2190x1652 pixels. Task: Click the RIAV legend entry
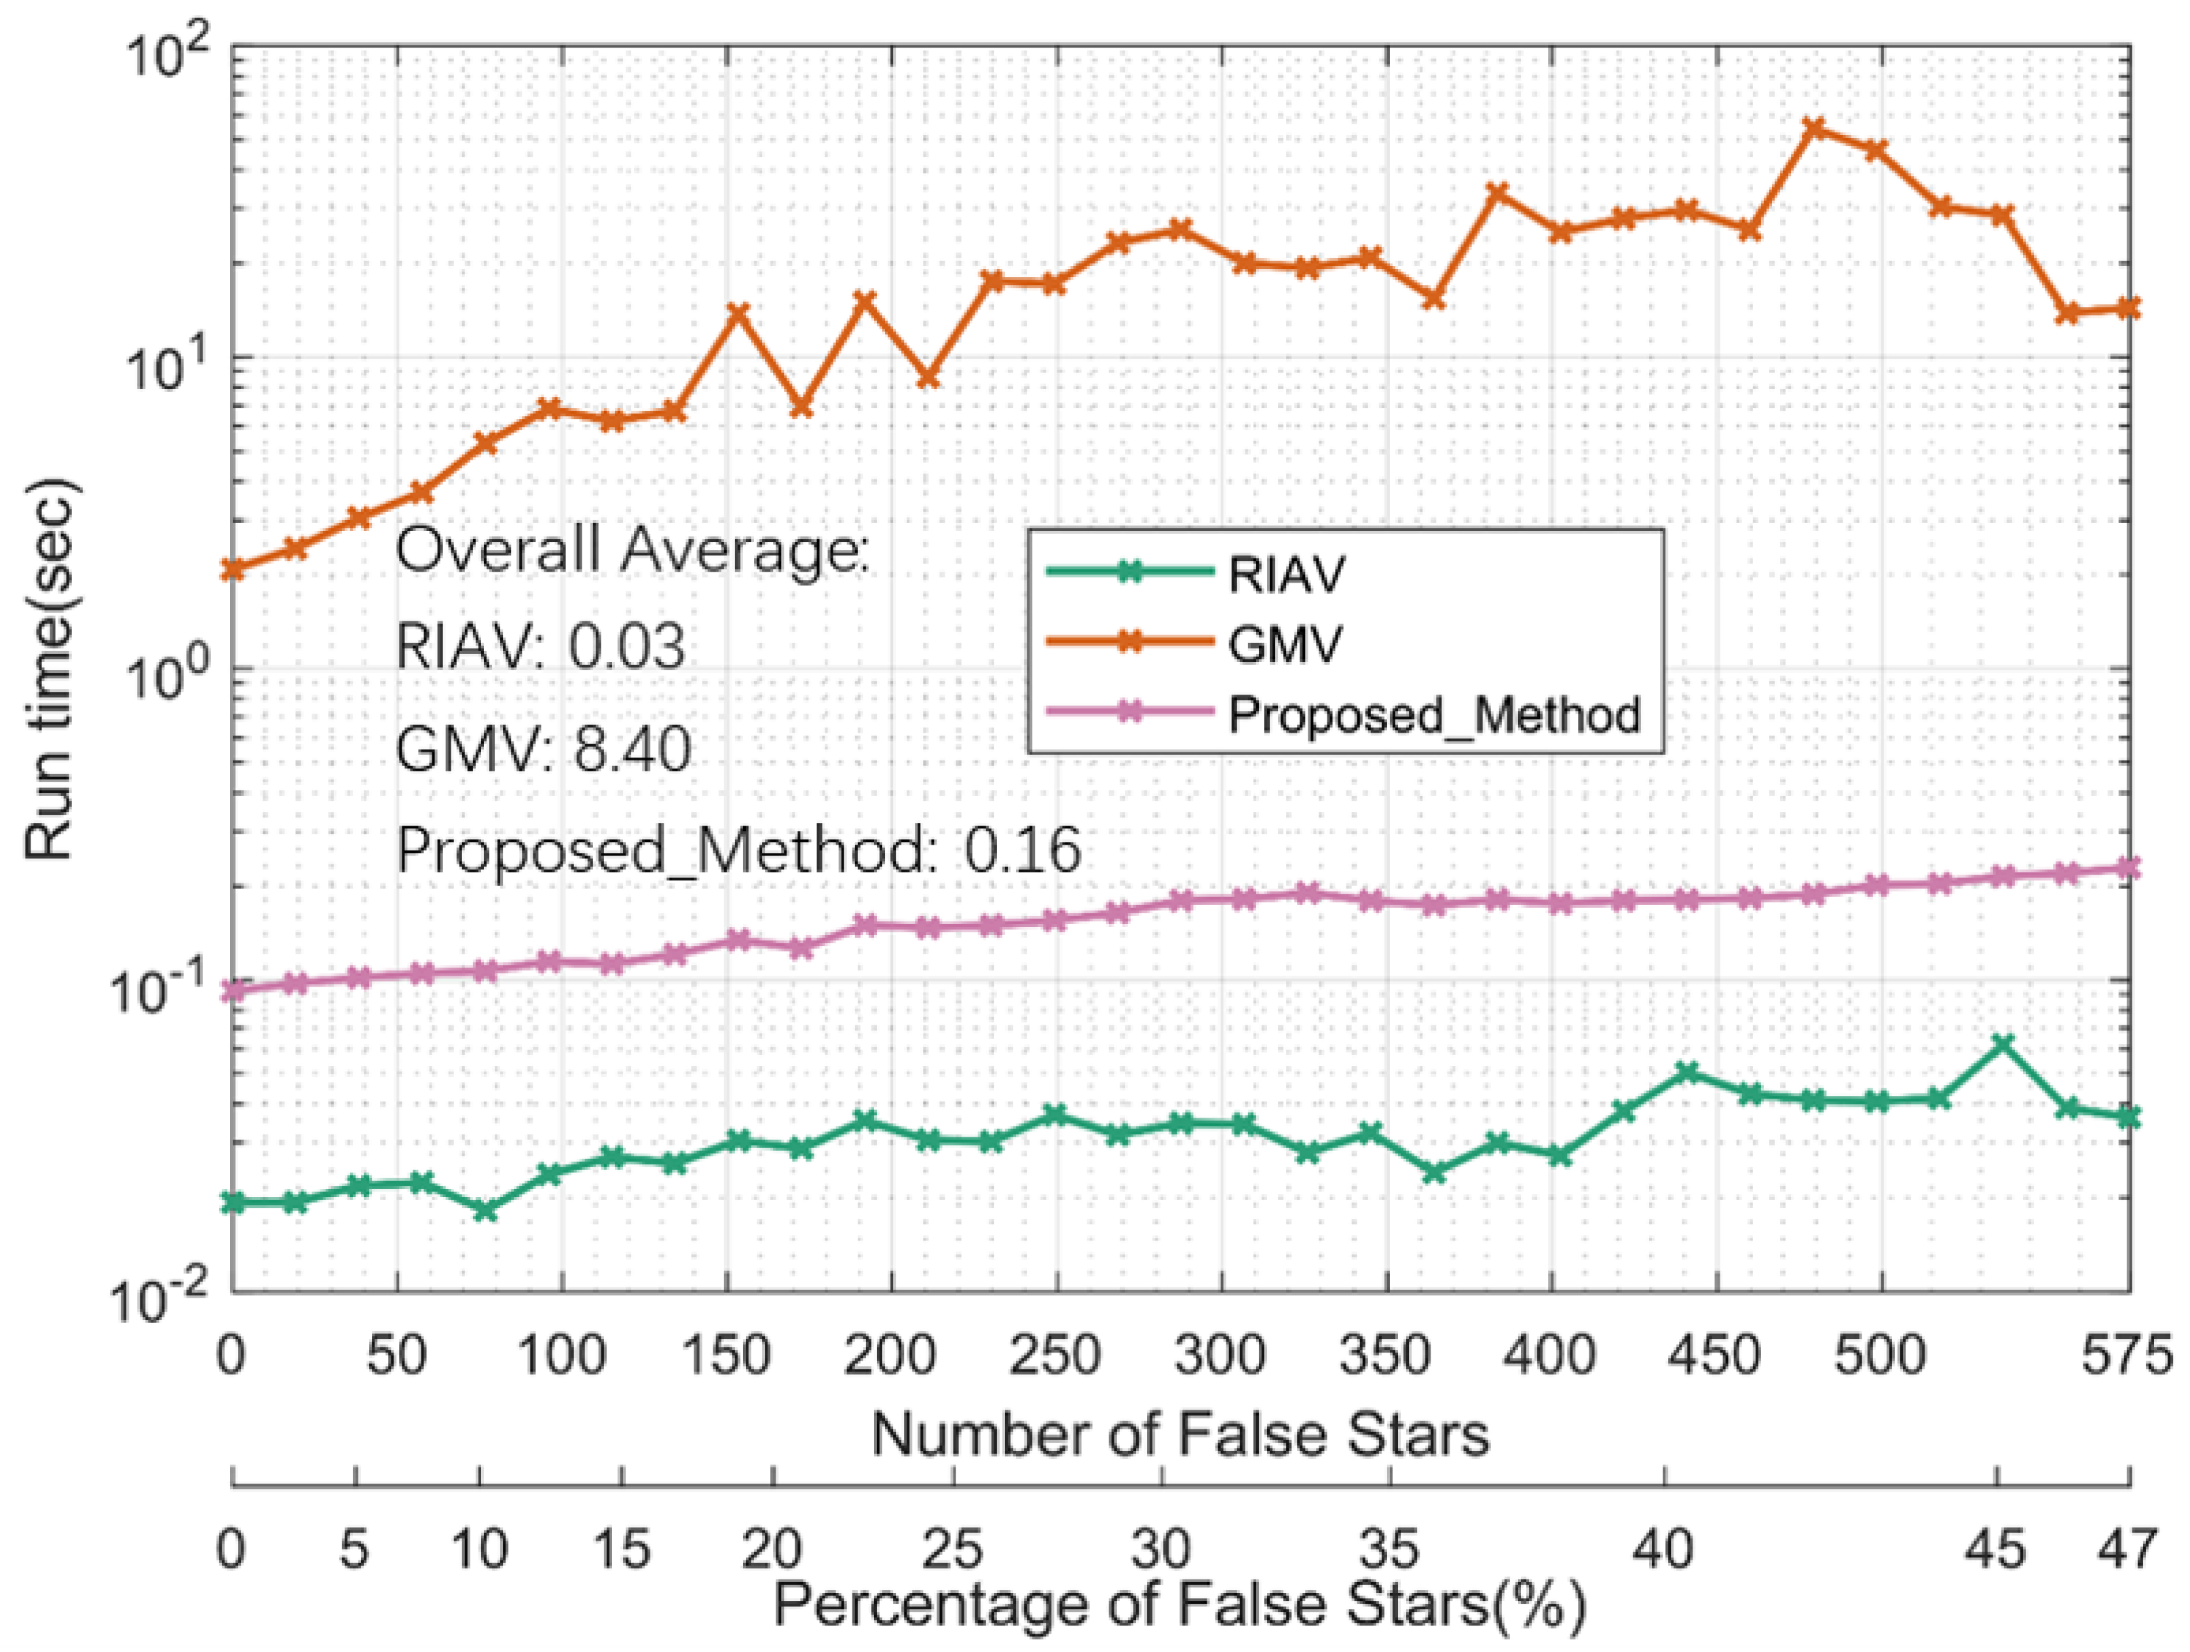pyautogui.click(x=1286, y=574)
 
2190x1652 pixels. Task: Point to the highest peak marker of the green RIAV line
pyautogui.click(x=2002, y=1045)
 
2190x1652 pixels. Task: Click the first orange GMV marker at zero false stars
pyautogui.click(x=233, y=568)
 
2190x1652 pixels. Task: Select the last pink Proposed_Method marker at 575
pyautogui.click(x=2129, y=868)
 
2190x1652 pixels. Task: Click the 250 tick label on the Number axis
pyautogui.click(x=1055, y=1355)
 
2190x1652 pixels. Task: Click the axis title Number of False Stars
pyautogui.click(x=1180, y=1434)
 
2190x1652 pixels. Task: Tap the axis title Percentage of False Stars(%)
pyautogui.click(x=1180, y=1604)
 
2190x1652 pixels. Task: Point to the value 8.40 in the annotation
pyautogui.click(x=632, y=749)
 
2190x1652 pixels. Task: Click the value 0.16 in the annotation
pyautogui.click(x=1023, y=850)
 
